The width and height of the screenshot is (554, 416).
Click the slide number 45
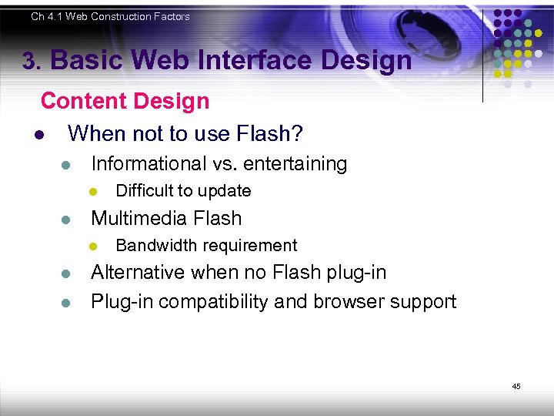point(516,386)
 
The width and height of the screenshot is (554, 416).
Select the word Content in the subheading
point(82,101)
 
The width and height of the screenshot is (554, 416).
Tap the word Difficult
point(142,191)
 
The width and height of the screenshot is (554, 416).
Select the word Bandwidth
point(150,246)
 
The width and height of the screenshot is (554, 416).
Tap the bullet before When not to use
point(38,136)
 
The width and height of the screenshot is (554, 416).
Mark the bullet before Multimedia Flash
point(66,220)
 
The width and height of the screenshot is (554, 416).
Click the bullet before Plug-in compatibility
point(66,302)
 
